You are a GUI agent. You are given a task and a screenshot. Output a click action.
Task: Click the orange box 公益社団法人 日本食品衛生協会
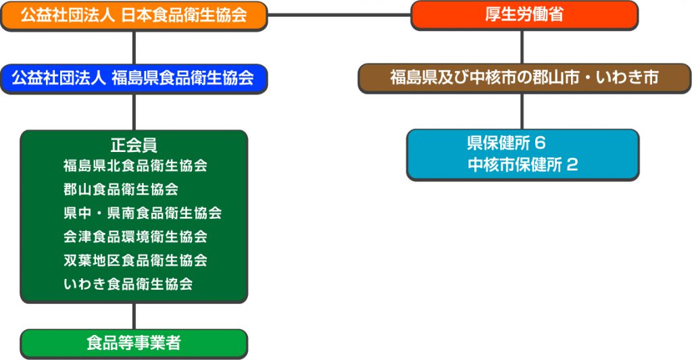(134, 16)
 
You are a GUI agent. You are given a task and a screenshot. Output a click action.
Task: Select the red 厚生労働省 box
(524, 16)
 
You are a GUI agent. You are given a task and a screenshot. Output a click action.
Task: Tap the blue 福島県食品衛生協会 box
(134, 78)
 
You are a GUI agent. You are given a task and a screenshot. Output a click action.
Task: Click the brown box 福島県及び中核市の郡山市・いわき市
(524, 78)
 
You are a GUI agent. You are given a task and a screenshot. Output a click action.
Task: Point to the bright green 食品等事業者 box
(134, 343)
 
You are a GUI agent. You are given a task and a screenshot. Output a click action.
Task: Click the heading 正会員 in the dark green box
(134, 145)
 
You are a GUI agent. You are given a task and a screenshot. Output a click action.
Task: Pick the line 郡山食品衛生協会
(121, 189)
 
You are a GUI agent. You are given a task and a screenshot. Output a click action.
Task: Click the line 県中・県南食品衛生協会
(143, 213)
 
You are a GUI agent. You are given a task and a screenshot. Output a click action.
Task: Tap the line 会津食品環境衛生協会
(135, 236)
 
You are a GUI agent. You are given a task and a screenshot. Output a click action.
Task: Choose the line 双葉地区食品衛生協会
(135, 260)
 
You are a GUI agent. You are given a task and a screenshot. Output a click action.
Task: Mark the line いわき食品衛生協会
(128, 284)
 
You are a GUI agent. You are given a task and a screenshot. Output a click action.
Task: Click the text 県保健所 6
(505, 143)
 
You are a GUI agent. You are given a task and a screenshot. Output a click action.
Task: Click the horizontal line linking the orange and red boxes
(339, 14)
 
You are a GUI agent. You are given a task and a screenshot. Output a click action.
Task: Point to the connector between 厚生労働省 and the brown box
(522, 47)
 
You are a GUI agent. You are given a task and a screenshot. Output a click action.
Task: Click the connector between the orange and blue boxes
(134, 47)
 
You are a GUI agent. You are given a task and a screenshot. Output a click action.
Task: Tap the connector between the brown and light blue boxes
(522, 111)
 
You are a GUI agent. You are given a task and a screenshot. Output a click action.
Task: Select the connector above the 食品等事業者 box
(134, 315)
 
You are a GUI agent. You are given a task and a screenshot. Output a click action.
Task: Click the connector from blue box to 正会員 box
(134, 111)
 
